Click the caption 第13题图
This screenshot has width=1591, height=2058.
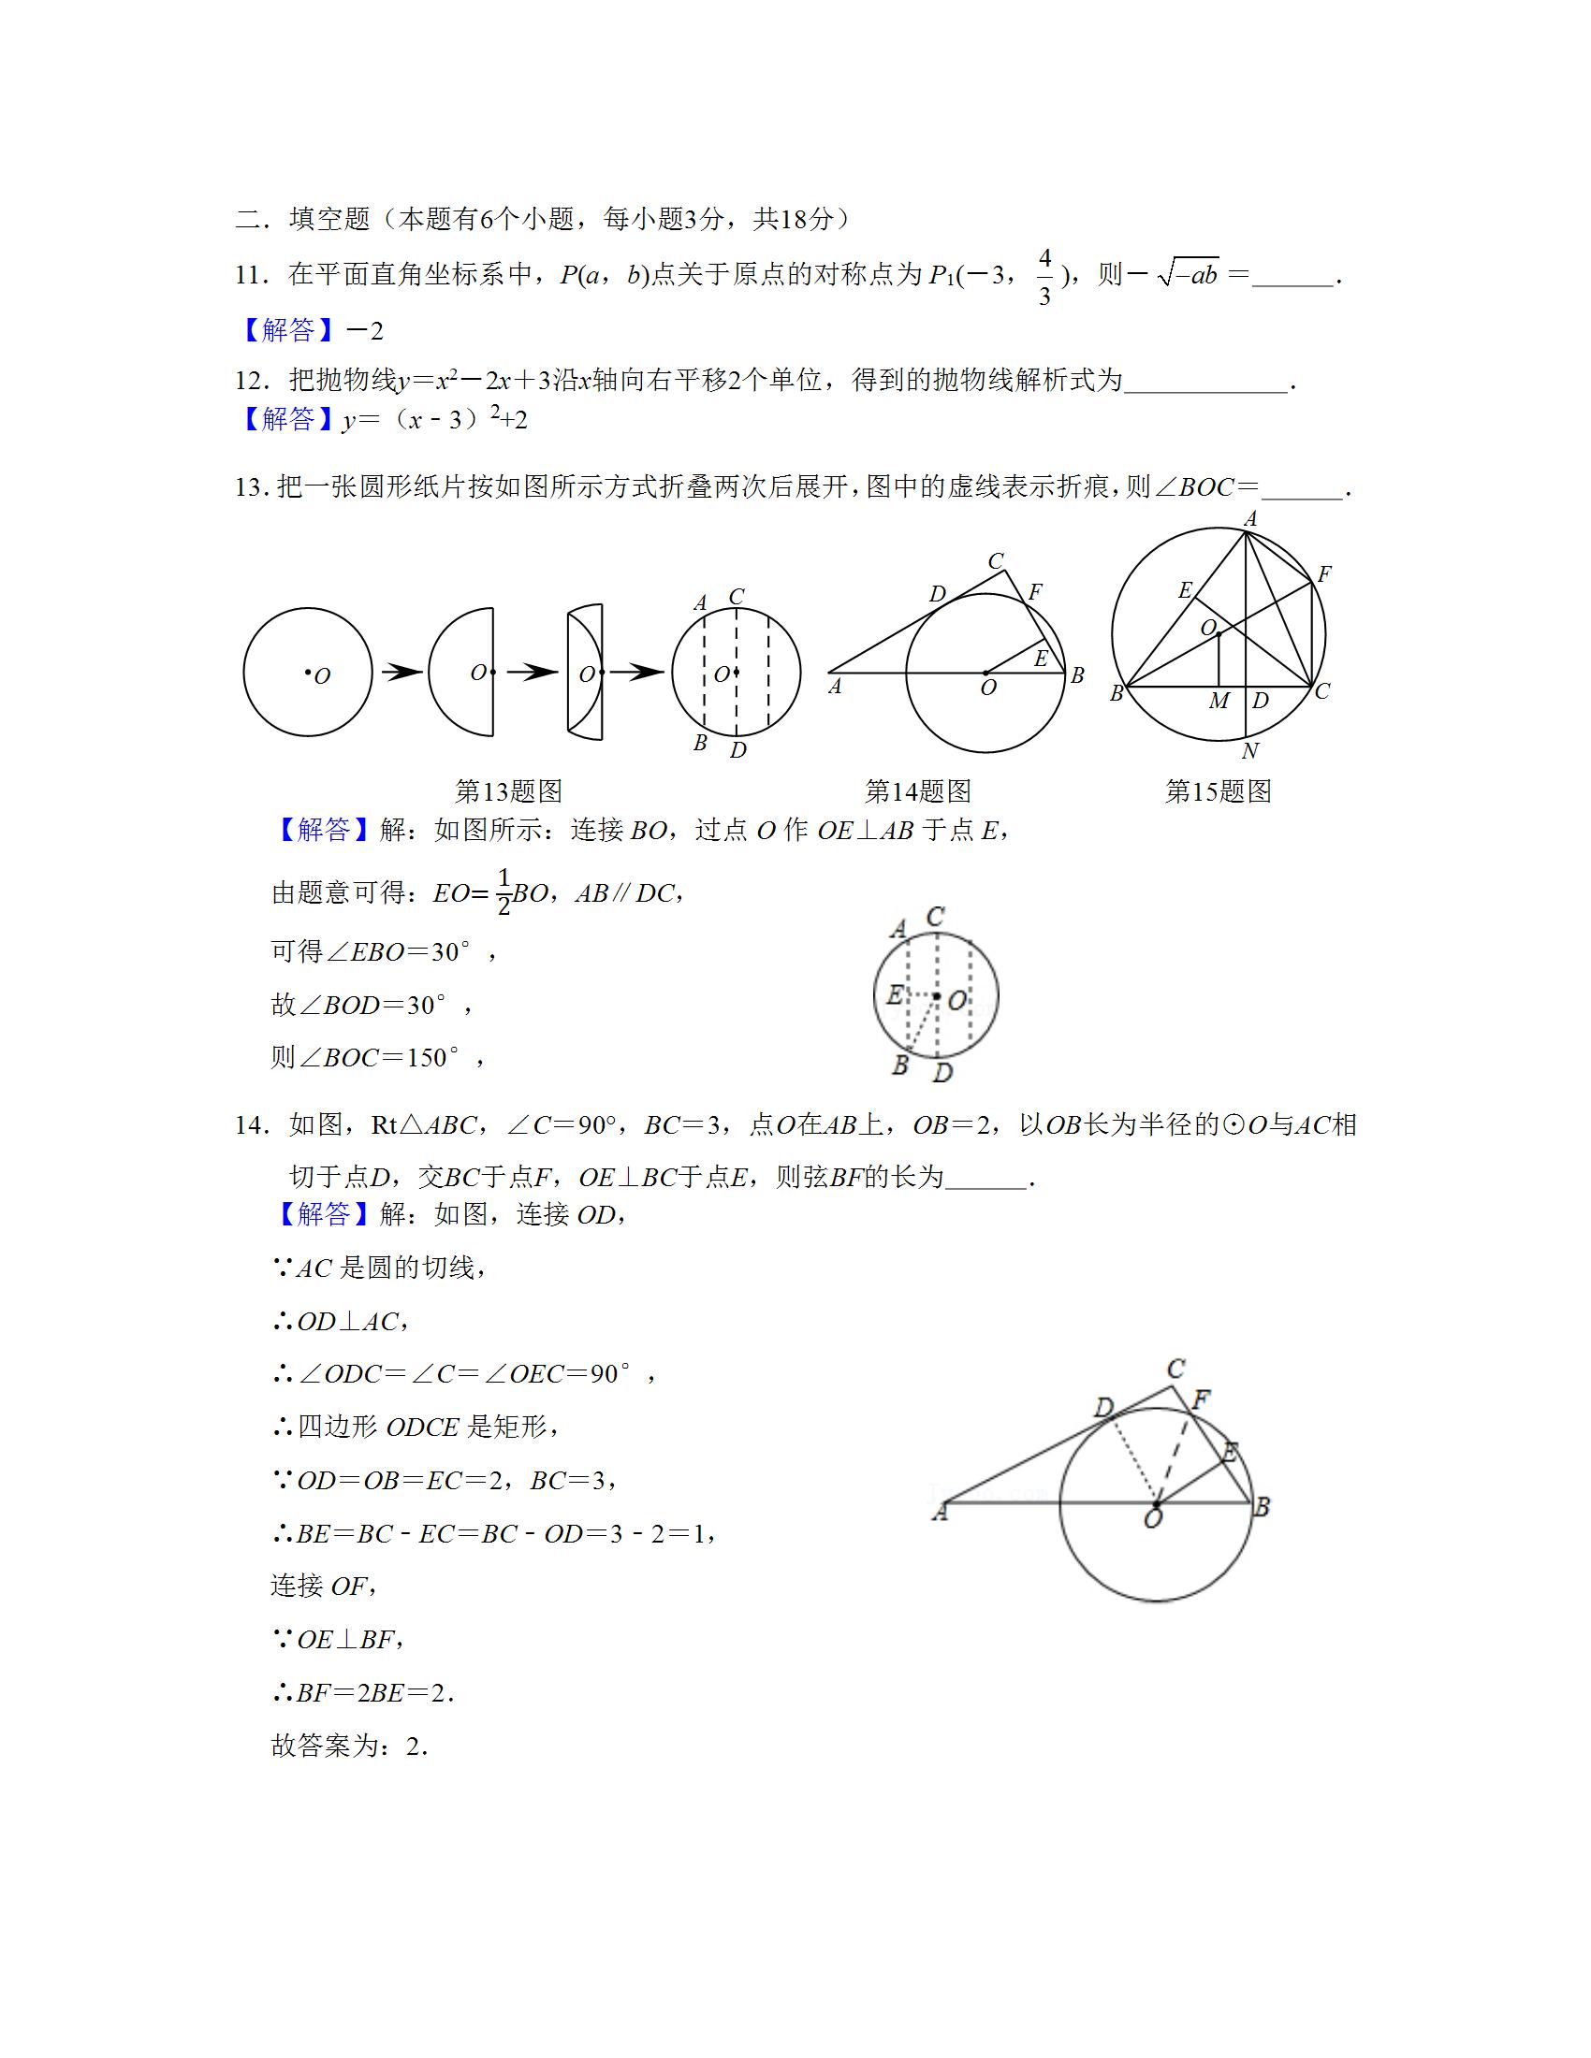coord(508,791)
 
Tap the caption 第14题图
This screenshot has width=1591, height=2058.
coord(917,791)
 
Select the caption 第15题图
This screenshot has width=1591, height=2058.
coord(1218,791)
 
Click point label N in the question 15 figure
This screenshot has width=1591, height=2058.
coord(1249,751)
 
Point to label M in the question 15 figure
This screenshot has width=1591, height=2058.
coord(1219,701)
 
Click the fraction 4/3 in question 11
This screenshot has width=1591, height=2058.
coord(1044,277)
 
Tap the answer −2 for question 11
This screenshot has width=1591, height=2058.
coord(365,331)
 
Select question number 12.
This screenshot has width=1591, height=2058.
coord(253,382)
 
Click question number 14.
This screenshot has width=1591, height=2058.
coord(253,1125)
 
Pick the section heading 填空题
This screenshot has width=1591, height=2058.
coord(328,220)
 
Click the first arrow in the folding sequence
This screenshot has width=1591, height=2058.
coord(401,673)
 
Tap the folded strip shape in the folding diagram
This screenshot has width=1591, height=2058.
coord(584,672)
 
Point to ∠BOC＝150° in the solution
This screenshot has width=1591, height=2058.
coord(378,1057)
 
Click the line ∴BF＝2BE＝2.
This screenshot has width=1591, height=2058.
coord(364,1693)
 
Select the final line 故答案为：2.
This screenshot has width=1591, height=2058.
coord(350,1746)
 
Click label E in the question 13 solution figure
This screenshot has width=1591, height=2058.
coord(895,994)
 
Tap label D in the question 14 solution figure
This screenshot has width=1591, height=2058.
coord(1102,1409)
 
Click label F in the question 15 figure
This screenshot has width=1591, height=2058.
coord(1323,573)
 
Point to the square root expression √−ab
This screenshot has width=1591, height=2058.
coord(1188,275)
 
